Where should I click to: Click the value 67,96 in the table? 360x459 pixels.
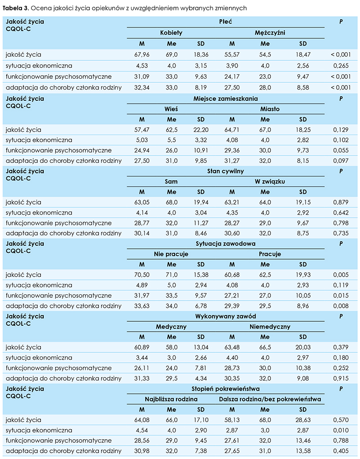coord(142,54)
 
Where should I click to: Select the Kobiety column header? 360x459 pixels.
coord(171,33)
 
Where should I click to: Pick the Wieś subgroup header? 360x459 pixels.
coord(171,109)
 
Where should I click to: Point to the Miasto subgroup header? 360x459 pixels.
coord(270,109)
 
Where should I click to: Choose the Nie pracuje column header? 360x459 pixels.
coord(171,254)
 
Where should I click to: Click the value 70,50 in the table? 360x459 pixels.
coord(142,274)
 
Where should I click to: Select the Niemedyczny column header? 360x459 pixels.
coord(270,326)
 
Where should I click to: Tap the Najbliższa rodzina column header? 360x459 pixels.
coord(171,399)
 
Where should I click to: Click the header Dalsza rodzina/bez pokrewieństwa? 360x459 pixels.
coord(270,399)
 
